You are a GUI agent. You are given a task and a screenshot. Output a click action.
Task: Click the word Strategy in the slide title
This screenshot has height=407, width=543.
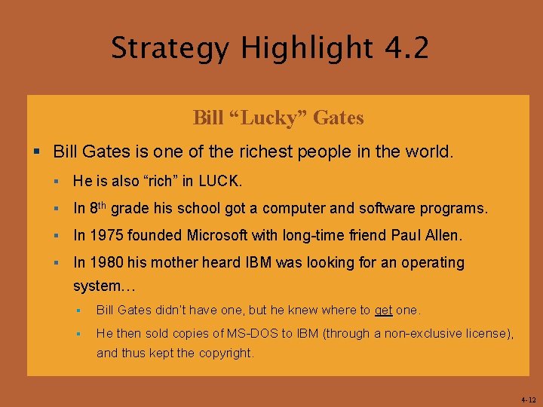(x=170, y=49)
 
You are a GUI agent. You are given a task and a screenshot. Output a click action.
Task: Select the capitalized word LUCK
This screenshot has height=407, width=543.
(x=222, y=182)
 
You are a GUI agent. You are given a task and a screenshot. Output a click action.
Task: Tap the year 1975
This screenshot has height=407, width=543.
(x=103, y=235)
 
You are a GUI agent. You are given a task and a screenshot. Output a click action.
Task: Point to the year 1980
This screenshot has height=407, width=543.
(x=103, y=262)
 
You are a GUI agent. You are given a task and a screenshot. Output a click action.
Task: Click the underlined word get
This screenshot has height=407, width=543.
(x=383, y=311)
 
